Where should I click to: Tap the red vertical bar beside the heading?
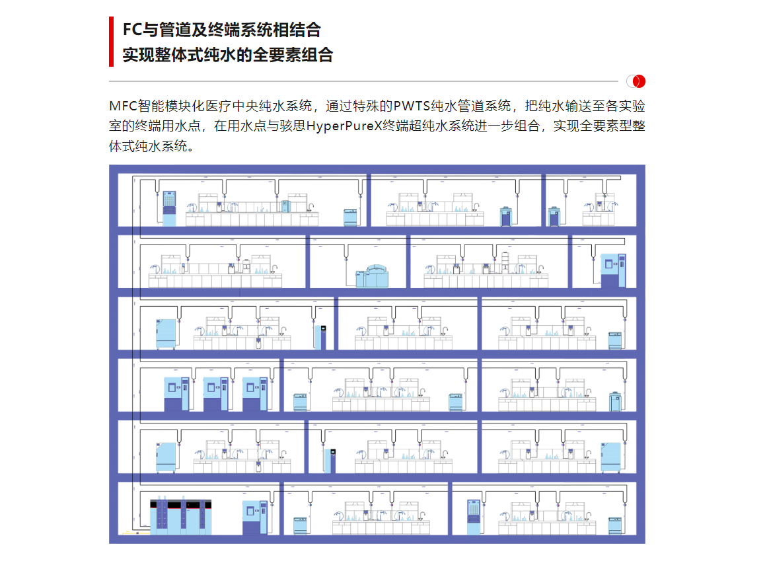tap(112, 42)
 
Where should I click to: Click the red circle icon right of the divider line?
tap(636, 81)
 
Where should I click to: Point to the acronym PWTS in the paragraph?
tap(410, 106)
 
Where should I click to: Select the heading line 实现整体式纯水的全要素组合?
tap(227, 55)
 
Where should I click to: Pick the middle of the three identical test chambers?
tap(215, 394)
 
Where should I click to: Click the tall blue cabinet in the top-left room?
tap(170, 208)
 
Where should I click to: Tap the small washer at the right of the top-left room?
tap(350, 216)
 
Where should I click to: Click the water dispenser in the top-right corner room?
tap(554, 216)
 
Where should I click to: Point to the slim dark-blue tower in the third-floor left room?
tap(323, 337)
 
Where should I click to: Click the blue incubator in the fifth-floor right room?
tap(612, 455)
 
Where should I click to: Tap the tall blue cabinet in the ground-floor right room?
tap(474, 517)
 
